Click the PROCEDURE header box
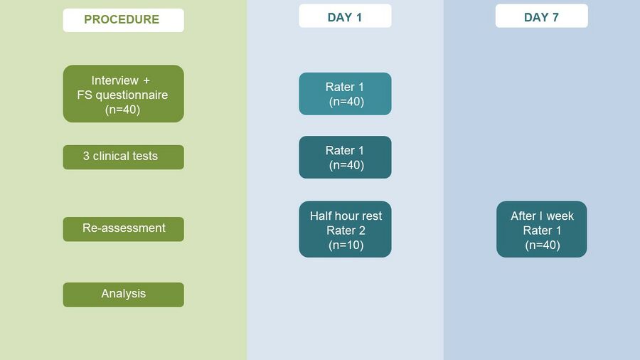[x=123, y=20]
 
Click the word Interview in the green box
[x=114, y=80]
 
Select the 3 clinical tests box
[x=123, y=157]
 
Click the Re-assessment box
[x=123, y=229]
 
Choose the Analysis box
[x=123, y=295]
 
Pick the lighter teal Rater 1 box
[x=345, y=94]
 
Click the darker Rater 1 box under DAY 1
[x=345, y=157]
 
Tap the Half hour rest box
[x=345, y=229]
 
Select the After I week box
[x=542, y=229]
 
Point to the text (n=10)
[x=346, y=245]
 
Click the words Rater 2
[x=346, y=231]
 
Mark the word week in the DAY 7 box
[x=560, y=216]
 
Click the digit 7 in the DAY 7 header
[x=555, y=17]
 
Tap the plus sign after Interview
[x=146, y=81]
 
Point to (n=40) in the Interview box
[x=122, y=110]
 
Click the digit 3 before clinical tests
[x=86, y=156]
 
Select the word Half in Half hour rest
[x=319, y=216]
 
